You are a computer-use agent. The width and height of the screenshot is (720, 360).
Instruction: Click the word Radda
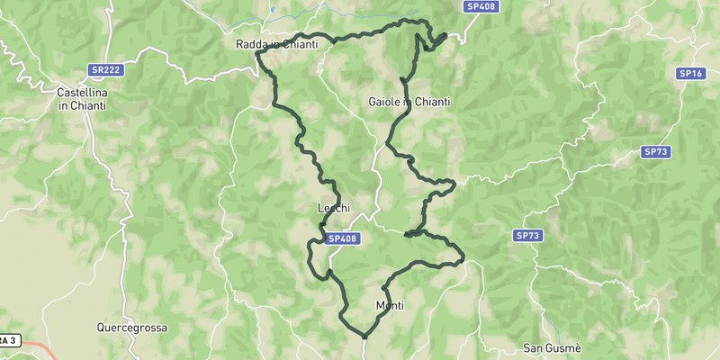(x=251, y=44)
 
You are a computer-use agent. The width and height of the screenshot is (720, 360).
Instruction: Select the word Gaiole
(x=385, y=102)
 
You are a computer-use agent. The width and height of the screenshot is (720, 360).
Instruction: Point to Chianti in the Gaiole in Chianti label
(x=431, y=102)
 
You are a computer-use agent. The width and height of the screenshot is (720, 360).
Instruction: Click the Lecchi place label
(x=332, y=209)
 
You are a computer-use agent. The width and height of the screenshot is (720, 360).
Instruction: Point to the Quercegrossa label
(x=132, y=328)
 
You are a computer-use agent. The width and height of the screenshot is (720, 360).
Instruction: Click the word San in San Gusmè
(x=534, y=347)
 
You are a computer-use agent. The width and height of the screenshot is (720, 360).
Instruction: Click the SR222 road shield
(x=106, y=69)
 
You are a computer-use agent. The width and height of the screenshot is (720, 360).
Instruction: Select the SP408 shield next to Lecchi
(x=343, y=238)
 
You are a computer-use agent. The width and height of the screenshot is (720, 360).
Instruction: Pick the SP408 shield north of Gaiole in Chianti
(x=480, y=5)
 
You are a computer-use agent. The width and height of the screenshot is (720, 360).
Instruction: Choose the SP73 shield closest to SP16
(x=655, y=153)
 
